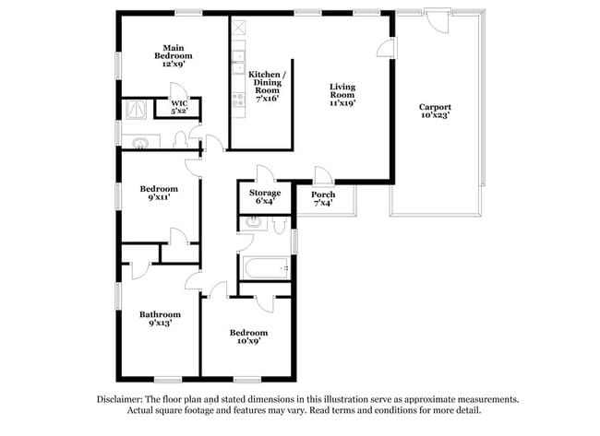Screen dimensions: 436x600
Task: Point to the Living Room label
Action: [x=342, y=95]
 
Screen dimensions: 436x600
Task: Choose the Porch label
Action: [x=323, y=199]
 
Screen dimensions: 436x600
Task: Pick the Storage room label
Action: [x=265, y=196]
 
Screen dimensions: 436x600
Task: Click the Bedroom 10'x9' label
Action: [x=249, y=336]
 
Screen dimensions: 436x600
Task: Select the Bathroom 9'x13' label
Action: [x=158, y=319]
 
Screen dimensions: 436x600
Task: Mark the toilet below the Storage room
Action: [x=253, y=222]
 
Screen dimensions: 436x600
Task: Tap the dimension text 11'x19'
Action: [x=342, y=101]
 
